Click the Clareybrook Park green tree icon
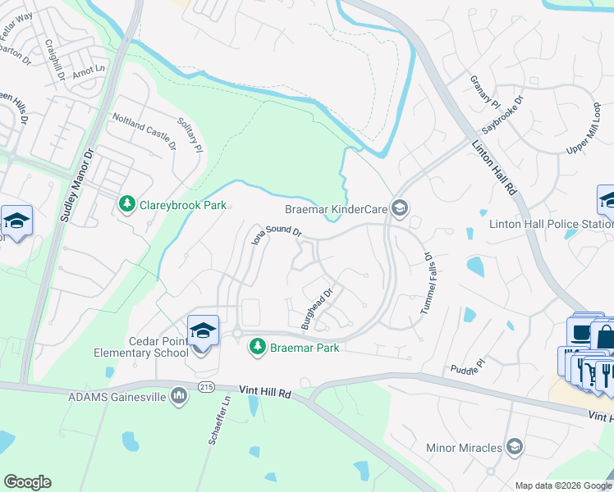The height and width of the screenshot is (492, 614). [x=126, y=203]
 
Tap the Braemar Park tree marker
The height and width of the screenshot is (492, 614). [x=258, y=347]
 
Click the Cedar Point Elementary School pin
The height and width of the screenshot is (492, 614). [x=203, y=332]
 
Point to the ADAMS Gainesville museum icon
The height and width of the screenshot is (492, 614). [x=180, y=397]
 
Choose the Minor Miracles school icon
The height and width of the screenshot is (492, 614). [x=515, y=447]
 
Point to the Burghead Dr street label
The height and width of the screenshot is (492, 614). [x=317, y=307]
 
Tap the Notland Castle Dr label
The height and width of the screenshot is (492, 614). [x=144, y=132]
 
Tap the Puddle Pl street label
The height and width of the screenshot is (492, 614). [x=470, y=368]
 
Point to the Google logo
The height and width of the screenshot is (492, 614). [x=27, y=482]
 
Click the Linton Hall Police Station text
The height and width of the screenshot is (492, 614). [x=551, y=224]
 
